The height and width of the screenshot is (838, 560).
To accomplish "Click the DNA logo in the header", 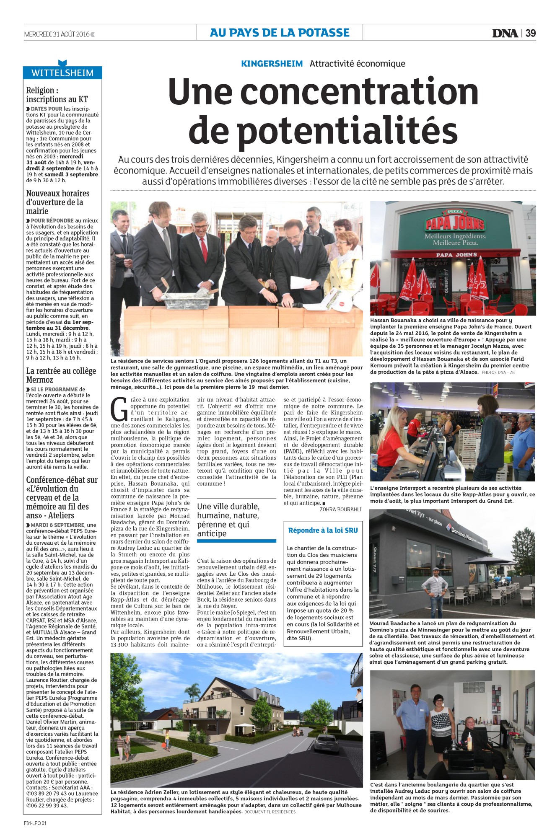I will (505, 33).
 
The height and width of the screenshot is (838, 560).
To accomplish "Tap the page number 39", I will (530, 33).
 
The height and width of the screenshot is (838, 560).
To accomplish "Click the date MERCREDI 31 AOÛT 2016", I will (57, 34).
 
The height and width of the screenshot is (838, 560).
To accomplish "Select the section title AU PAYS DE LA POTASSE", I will (280, 33).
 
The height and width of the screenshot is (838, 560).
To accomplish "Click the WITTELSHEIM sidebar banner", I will (62, 72).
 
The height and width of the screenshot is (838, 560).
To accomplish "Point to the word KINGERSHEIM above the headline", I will (272, 64).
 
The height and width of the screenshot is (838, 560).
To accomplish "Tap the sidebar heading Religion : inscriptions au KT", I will (57, 95).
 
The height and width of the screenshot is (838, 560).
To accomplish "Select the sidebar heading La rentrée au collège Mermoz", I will (61, 375).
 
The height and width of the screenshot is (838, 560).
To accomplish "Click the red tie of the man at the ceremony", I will (204, 249).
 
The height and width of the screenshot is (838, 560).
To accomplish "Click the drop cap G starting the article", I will (119, 409).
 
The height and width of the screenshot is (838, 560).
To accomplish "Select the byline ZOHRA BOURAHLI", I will (341, 510).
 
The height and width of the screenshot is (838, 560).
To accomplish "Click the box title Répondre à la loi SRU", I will (323, 530).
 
